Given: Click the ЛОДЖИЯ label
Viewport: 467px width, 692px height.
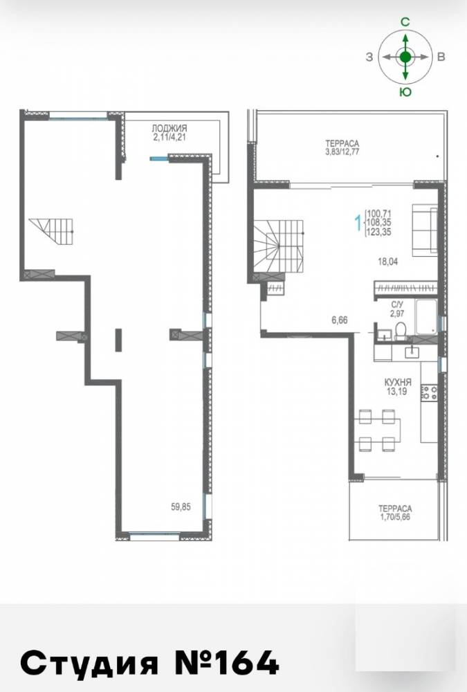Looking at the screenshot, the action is (170, 129).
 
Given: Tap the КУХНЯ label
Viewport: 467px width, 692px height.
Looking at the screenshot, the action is (398, 382).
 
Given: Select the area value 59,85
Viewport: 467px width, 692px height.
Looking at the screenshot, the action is (181, 507).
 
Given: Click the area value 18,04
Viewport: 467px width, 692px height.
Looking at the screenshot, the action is (387, 262).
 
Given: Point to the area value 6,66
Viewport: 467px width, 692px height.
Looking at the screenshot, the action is (340, 320).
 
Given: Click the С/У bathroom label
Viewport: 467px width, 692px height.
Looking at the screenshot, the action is (397, 304).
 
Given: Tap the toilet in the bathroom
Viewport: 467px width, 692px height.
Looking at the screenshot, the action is (401, 331).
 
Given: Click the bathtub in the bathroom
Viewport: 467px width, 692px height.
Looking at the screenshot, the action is (426, 316).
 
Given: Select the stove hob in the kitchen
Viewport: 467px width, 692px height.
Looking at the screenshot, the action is (430, 393).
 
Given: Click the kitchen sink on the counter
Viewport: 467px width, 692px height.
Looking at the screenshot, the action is (412, 351).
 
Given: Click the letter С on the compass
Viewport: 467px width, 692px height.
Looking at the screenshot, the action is (405, 22).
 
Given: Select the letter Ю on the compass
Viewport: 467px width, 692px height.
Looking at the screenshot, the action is (405, 92).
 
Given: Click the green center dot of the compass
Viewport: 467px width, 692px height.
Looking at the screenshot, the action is (405, 57).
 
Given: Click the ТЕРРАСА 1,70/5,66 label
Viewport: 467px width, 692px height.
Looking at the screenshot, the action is (395, 513).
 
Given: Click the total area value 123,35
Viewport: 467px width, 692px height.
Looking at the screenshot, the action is (378, 232).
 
